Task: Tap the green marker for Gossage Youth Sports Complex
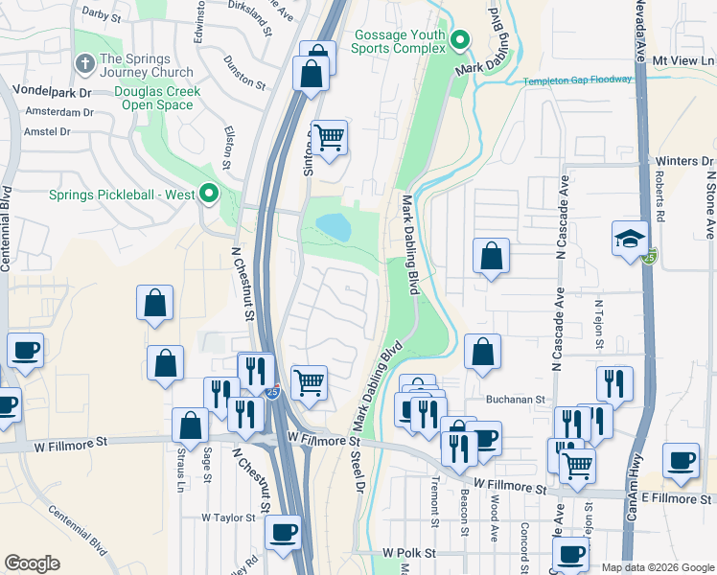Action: (460, 41)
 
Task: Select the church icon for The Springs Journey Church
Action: (85, 64)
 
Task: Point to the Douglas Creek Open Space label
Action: (141, 98)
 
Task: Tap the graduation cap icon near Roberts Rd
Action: (631, 238)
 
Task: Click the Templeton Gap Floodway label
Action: (577, 80)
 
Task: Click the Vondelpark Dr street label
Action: (52, 93)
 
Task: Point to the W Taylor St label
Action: (227, 517)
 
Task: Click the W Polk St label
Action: (408, 553)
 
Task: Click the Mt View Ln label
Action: (683, 59)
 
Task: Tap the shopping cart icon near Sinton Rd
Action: (329, 137)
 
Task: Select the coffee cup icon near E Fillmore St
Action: (682, 461)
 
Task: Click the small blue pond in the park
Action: (333, 227)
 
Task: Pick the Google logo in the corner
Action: (32, 563)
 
